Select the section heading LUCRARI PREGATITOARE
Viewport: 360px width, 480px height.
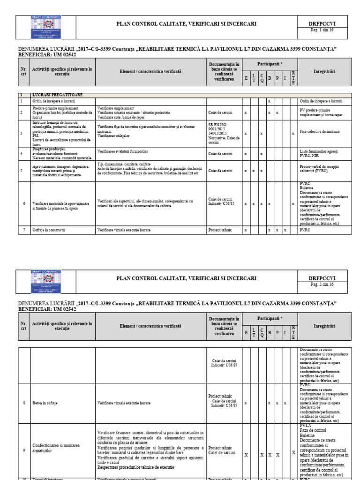coord(52,95)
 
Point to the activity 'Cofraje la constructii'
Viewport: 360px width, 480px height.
coord(49,230)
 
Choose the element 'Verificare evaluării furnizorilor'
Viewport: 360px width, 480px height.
coord(123,152)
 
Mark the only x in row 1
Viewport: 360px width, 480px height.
coord(269,101)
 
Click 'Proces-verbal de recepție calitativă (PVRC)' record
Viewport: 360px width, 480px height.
coord(319,169)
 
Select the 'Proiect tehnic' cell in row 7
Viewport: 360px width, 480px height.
coord(220,230)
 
